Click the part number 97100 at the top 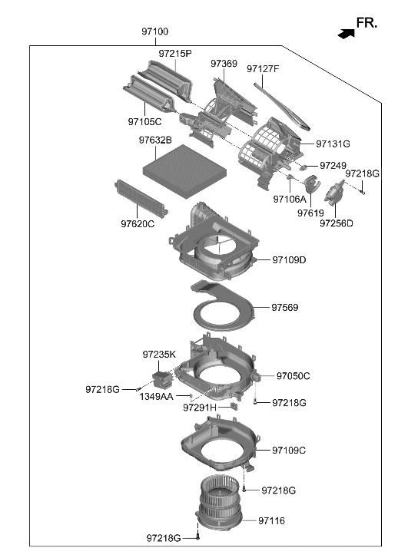[x=154, y=32]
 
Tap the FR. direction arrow [x=347, y=32]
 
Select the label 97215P [x=175, y=54]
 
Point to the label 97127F [x=263, y=69]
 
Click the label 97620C [x=137, y=224]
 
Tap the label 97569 [x=284, y=308]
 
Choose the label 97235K [x=159, y=355]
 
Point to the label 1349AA [x=156, y=397]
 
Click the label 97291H [x=200, y=408]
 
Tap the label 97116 [x=271, y=520]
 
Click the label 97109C [x=289, y=450]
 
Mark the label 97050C [x=293, y=376]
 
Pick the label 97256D [x=337, y=223]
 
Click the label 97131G [x=333, y=144]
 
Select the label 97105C [x=144, y=121]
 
